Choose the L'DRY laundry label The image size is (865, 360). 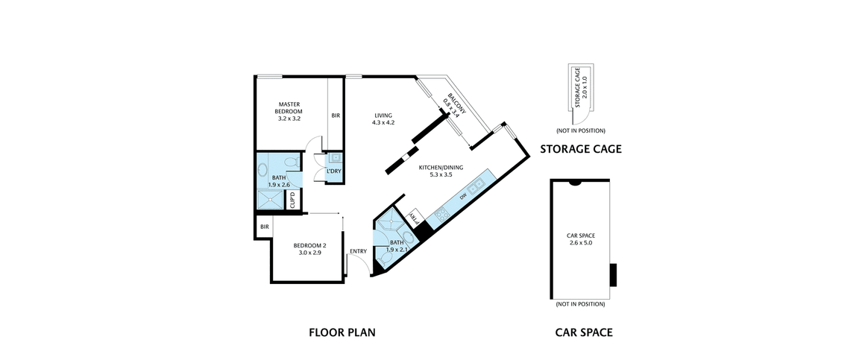click(x=334, y=171)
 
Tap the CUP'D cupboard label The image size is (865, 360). click(x=293, y=200)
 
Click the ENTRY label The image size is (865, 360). click(x=358, y=251)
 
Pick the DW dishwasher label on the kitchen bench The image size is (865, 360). click(x=463, y=196)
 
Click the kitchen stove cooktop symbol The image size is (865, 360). click(x=441, y=215)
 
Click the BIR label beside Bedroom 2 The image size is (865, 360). click(x=264, y=227)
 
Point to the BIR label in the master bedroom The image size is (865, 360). click(x=336, y=116)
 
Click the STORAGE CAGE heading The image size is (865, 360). click(x=581, y=149)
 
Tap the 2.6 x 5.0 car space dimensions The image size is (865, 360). click(x=581, y=242)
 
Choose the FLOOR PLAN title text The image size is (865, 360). click(x=342, y=332)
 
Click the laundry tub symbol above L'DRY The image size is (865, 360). click(x=334, y=158)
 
